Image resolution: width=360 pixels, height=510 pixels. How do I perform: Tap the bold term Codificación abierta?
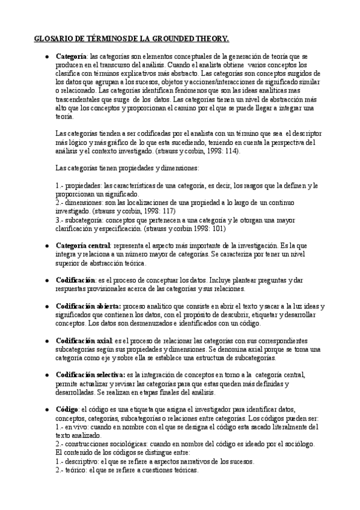88,306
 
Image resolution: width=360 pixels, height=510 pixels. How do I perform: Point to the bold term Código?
67,410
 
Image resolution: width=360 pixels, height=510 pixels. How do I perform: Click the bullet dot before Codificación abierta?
47,306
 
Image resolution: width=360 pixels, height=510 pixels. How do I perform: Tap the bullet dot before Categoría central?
47,247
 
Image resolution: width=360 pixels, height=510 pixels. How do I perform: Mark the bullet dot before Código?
47,410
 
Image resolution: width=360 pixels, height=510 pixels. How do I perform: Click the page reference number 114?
228,151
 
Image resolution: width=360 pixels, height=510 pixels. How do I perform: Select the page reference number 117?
169,212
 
